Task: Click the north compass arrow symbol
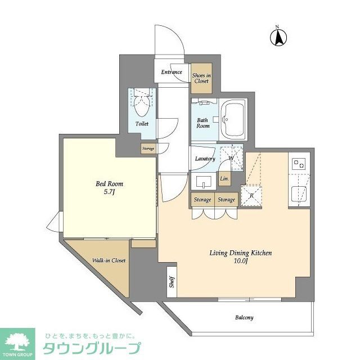278,37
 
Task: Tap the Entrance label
172,72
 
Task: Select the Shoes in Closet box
201,78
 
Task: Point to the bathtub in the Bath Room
232,119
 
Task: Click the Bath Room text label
202,123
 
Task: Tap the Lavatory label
205,159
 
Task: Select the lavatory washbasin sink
203,182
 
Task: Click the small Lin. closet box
224,179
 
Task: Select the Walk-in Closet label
109,260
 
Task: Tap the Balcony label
244,317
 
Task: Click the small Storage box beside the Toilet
148,148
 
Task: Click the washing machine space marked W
231,157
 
